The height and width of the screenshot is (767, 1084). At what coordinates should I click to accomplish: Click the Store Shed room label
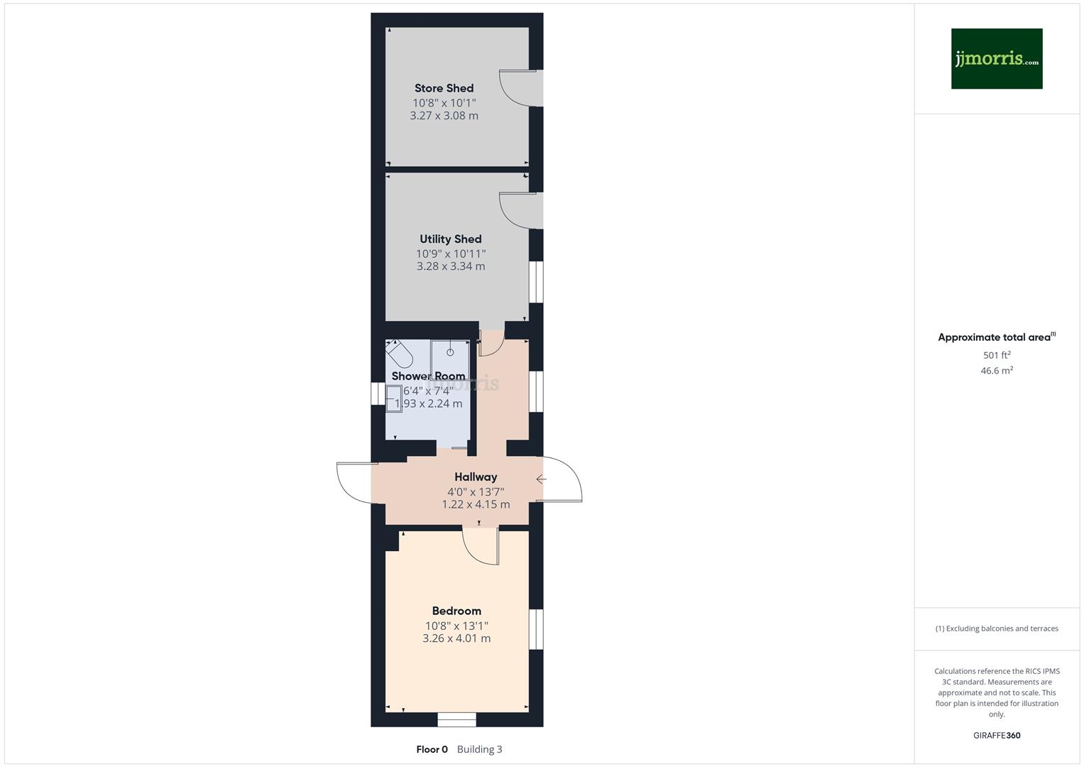pyautogui.click(x=444, y=88)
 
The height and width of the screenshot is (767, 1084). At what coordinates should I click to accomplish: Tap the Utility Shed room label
pyautogui.click(x=450, y=239)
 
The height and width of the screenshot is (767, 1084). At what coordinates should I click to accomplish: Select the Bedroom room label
pyautogui.click(x=456, y=611)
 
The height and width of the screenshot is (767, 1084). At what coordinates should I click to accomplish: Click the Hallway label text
pyautogui.click(x=476, y=477)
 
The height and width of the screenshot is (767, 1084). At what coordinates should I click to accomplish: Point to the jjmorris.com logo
pyautogui.click(x=996, y=59)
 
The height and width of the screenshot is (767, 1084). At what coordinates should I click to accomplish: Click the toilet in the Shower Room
pyautogui.click(x=399, y=353)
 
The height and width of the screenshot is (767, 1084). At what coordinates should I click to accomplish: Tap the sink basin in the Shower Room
pyautogui.click(x=393, y=398)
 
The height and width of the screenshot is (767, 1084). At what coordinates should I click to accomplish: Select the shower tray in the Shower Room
pyautogui.click(x=450, y=358)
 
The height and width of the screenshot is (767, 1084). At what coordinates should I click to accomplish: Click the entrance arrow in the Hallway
pyautogui.click(x=541, y=479)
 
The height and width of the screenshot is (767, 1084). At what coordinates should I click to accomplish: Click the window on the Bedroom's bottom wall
pyautogui.click(x=456, y=719)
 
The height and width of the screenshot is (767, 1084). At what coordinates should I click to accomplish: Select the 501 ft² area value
pyautogui.click(x=997, y=355)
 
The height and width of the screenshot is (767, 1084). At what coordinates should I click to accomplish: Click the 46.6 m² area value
pyautogui.click(x=997, y=371)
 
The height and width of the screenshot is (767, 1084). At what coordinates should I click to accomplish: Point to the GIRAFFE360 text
pyautogui.click(x=997, y=735)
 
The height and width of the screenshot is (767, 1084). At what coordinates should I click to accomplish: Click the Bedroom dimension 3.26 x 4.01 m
pyautogui.click(x=456, y=638)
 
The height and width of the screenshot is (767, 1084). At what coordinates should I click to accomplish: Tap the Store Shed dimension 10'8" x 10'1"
pyautogui.click(x=444, y=102)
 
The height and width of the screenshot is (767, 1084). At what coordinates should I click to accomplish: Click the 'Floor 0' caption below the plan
pyautogui.click(x=432, y=749)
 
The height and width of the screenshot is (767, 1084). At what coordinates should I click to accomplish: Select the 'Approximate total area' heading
pyautogui.click(x=995, y=337)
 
